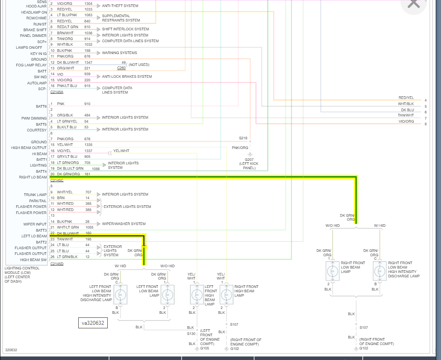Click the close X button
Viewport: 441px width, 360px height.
(413, 4)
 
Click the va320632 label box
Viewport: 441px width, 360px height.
(93, 323)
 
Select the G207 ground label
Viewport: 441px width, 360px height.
(249, 160)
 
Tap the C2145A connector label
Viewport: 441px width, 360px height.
(57, 92)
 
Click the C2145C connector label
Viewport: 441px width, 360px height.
(57, 180)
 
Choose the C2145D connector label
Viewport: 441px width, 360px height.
(57, 264)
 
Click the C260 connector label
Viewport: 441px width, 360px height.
(121, 68)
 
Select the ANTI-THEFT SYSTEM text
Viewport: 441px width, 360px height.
(120, 6)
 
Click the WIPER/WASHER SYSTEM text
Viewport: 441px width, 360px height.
(124, 224)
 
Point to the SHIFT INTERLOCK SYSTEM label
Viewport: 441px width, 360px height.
(125, 29)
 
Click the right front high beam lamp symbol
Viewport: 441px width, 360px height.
(226, 294)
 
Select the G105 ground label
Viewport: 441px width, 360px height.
(205, 348)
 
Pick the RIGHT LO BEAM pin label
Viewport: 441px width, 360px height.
(33, 177)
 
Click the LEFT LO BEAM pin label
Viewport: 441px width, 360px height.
(34, 236)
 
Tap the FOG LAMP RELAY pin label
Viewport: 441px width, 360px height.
(31, 65)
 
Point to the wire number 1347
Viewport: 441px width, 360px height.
(89, 62)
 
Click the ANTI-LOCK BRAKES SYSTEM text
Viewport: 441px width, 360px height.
(127, 76)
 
